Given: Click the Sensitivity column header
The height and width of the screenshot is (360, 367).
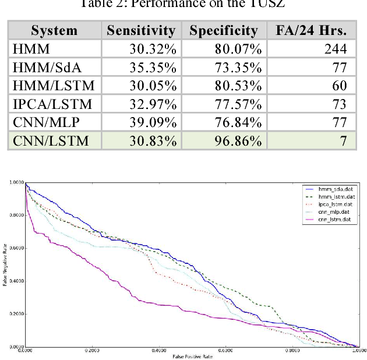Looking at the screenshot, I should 140,30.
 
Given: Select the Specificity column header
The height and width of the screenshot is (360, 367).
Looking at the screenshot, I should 223,30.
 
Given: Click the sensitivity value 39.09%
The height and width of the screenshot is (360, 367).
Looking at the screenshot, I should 153,122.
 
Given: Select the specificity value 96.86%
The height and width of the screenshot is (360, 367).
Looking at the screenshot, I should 237,140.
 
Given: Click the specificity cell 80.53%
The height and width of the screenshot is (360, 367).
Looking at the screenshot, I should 237,86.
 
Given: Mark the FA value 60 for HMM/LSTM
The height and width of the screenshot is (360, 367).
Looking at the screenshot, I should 339,86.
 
